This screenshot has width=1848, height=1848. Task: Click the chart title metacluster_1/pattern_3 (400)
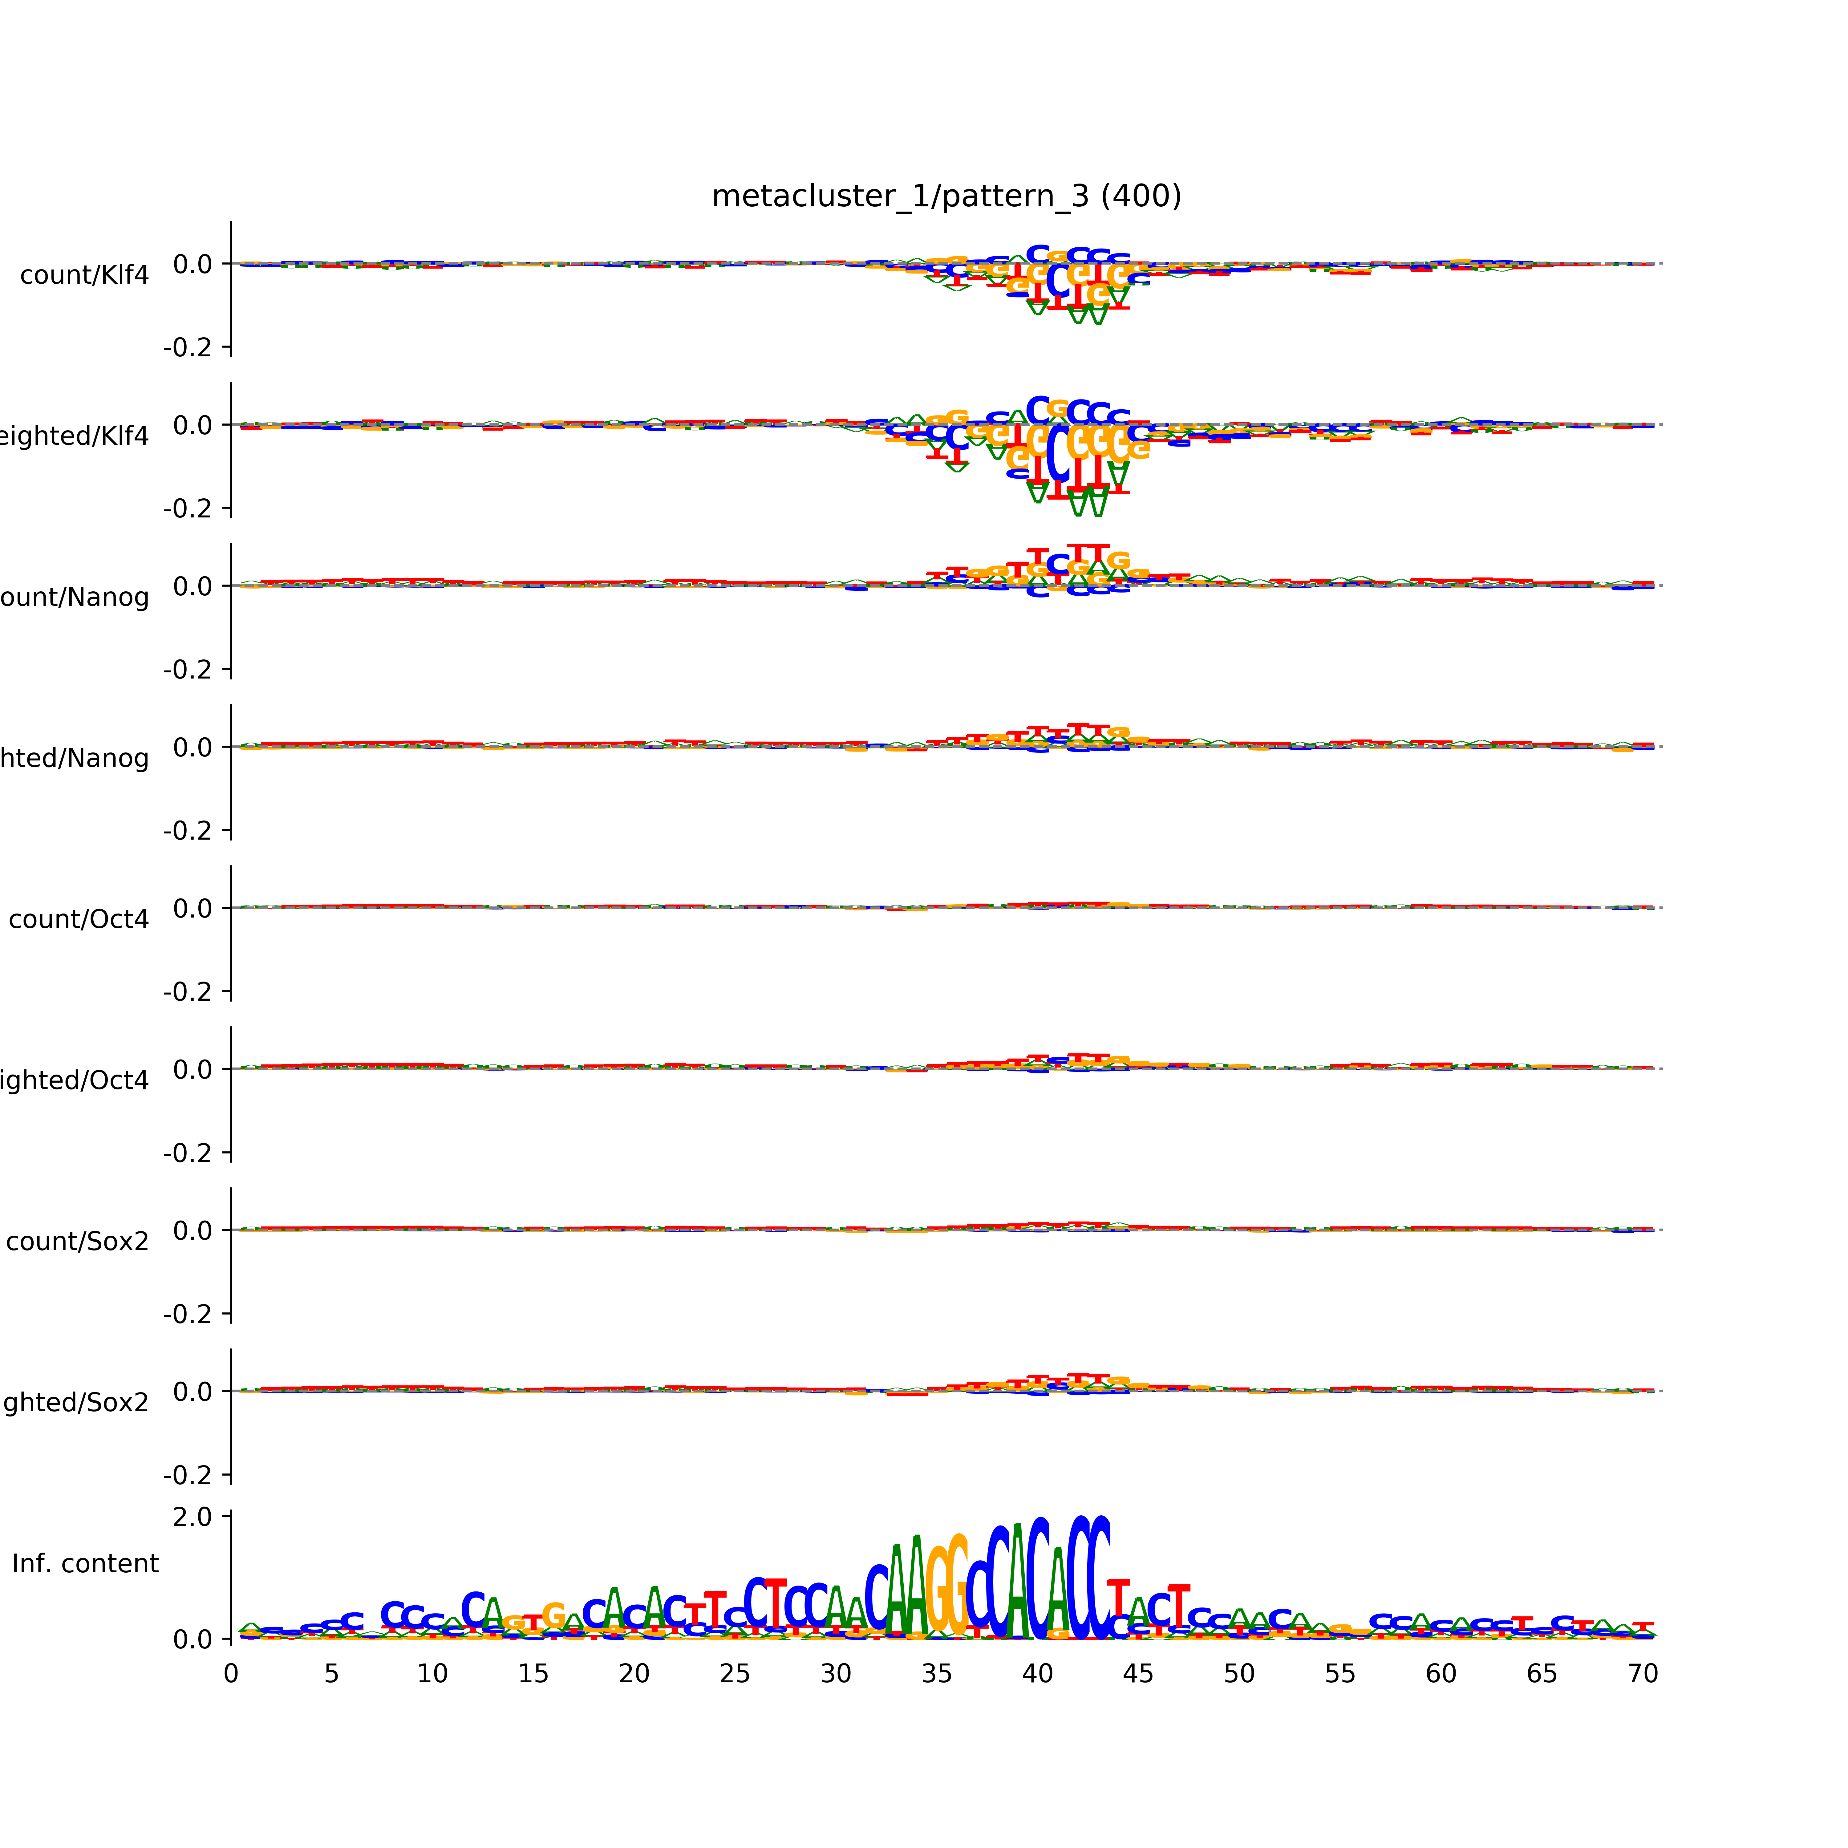(x=946, y=196)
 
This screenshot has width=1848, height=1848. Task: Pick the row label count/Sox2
(x=78, y=1242)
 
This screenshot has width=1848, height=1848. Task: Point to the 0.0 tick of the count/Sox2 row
(x=192, y=1230)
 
